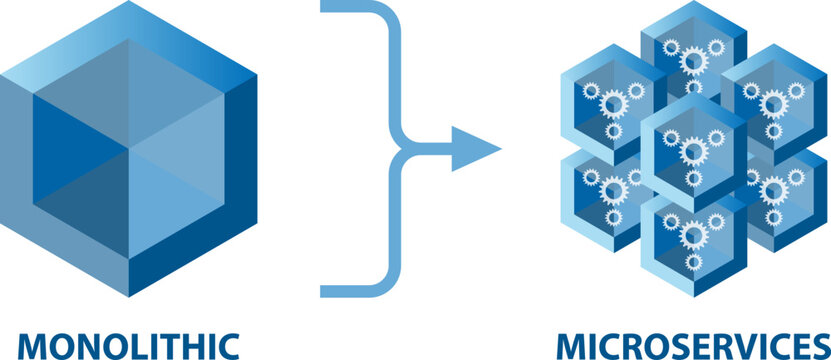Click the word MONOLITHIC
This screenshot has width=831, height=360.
pyautogui.click(x=130, y=345)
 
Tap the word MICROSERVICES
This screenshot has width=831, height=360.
pyautogui.click(x=693, y=345)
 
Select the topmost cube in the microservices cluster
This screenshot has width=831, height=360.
pyautogui.click(x=694, y=55)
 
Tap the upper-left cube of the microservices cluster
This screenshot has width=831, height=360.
pyautogui.click(x=612, y=100)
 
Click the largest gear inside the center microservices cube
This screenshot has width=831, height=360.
pyautogui.click(x=692, y=151)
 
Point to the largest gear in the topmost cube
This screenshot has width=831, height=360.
pyautogui.click(x=692, y=61)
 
